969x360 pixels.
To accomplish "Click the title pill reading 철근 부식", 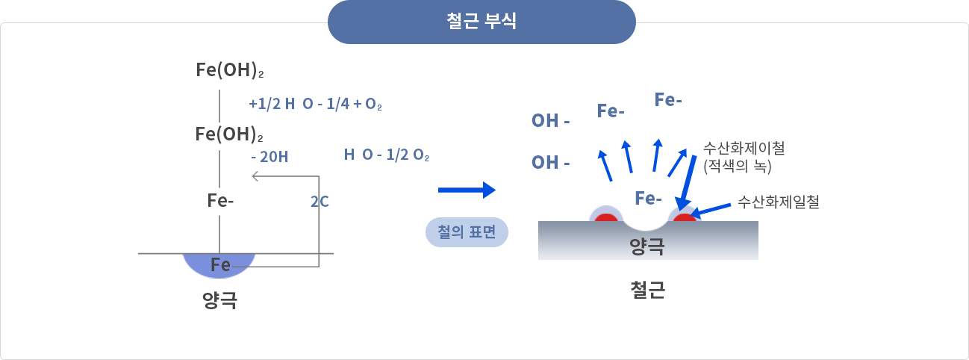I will click(482, 22).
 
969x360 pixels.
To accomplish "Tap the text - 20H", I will click(269, 156).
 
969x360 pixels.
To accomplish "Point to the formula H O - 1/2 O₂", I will click(386, 155).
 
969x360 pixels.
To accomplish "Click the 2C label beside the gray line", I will click(320, 201).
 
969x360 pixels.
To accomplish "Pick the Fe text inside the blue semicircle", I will click(220, 264).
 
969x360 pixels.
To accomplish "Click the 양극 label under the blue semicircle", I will click(219, 300).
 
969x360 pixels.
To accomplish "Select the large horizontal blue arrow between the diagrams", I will click(467, 190).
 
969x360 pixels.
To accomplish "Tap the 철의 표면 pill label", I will click(467, 232).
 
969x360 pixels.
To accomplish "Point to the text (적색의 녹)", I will click(737, 165).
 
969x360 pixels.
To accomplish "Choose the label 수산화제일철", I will click(779, 201).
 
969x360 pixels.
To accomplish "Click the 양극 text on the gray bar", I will click(646, 246).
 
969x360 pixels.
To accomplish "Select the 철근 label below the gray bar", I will click(647, 289).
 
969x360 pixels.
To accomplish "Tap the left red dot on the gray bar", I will click(605, 220).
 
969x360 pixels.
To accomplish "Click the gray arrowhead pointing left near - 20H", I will click(256, 176).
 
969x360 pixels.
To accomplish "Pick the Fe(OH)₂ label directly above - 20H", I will click(229, 134).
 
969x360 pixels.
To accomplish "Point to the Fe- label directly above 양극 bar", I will click(648, 198).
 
